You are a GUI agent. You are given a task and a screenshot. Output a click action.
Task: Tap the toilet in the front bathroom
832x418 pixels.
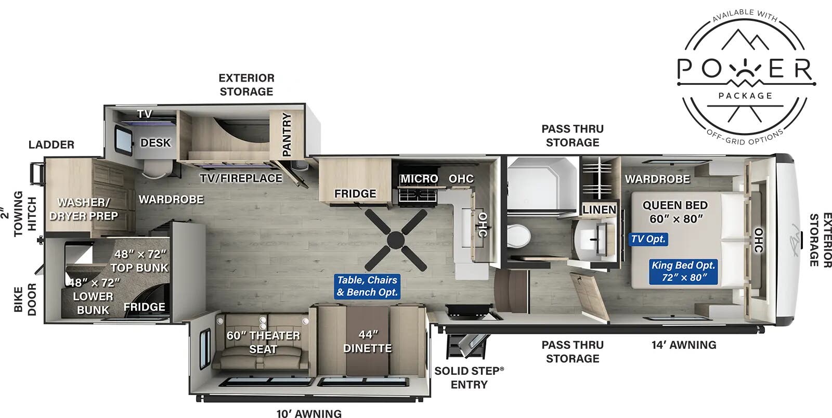[518, 234]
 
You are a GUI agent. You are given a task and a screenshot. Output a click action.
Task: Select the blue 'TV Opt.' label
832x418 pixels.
[648, 239]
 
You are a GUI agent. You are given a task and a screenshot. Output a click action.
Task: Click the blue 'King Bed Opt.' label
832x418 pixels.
[683, 271]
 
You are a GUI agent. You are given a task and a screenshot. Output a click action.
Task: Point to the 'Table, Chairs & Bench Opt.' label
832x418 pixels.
[367, 286]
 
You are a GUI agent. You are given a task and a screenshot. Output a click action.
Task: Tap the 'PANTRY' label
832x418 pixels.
[287, 135]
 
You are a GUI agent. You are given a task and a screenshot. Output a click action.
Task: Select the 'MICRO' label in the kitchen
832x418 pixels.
[419, 179]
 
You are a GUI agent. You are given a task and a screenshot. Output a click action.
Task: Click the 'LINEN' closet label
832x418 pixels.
[599, 210]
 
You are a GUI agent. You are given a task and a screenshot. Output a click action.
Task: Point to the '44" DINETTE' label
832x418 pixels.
[368, 342]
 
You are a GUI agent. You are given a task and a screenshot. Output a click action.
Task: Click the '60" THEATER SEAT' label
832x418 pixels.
[263, 342]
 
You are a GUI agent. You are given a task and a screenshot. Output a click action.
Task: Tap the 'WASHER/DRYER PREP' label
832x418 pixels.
[84, 209]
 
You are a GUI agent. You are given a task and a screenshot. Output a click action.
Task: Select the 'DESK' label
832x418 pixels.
[155, 142]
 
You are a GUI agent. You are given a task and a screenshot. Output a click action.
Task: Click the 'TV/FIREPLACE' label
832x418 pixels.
[241, 178]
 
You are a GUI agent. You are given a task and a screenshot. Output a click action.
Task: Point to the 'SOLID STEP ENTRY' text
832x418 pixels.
[469, 378]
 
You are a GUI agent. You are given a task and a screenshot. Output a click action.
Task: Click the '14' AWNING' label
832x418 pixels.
[684, 345]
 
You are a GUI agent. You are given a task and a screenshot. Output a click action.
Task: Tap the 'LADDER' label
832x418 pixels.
[51, 145]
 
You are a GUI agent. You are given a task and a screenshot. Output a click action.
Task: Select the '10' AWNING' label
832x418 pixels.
[309, 413]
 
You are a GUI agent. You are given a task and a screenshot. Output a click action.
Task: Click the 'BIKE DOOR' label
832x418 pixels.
[25, 299]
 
